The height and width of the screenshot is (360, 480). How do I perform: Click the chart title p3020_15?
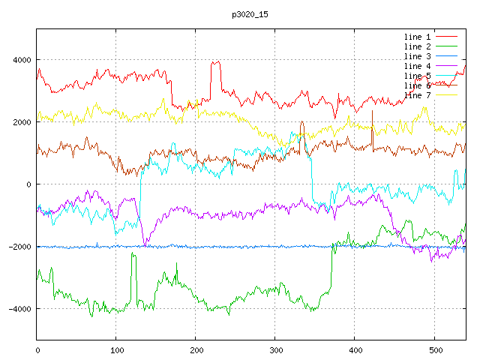pyautogui.click(x=247, y=14)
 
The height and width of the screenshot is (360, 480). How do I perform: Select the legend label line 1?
pyautogui.click(x=418, y=37)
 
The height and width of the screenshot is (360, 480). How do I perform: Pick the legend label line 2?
pyautogui.click(x=418, y=46)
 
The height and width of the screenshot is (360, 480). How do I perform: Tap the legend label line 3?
pyautogui.click(x=418, y=56)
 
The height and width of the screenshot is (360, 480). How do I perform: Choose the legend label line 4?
pyautogui.click(x=418, y=66)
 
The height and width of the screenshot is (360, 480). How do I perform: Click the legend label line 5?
pyautogui.click(x=418, y=76)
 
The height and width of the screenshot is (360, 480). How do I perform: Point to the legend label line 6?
pyautogui.click(x=418, y=85)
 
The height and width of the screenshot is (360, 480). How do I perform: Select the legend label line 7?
pyautogui.click(x=418, y=95)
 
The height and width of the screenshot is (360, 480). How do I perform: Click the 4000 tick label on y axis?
pyautogui.click(x=20, y=60)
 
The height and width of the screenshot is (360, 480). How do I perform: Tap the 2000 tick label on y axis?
pyautogui.click(x=20, y=122)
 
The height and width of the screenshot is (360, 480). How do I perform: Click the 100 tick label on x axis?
pyautogui.click(x=116, y=349)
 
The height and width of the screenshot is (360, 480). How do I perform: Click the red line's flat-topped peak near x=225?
pyautogui.click(x=216, y=63)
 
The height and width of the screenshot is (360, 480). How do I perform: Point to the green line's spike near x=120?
pyautogui.click(x=133, y=255)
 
